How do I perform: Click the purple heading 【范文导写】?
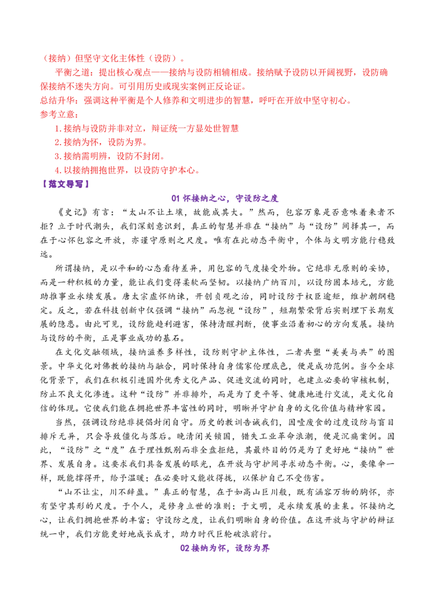[66, 184]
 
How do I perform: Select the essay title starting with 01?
[225, 198]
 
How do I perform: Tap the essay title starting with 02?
[225, 548]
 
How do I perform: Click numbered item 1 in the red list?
[146, 128]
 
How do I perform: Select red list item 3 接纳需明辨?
[109, 156]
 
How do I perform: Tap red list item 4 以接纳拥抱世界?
[127, 170]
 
